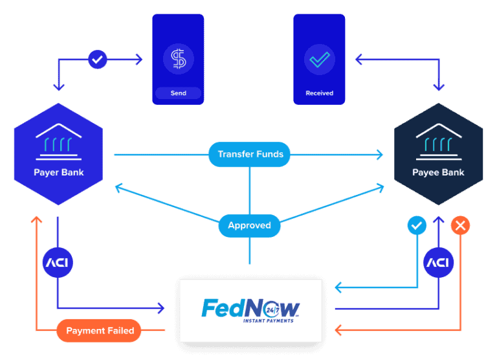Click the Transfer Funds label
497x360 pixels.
tap(250, 154)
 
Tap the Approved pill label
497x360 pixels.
tap(249, 225)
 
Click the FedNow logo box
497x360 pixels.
tap(250, 311)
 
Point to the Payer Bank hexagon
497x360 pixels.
tap(59, 154)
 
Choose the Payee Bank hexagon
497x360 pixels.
tap(438, 154)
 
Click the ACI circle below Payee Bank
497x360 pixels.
tap(438, 263)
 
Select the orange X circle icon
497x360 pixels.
tap(460, 225)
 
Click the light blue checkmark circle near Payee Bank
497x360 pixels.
tap(417, 225)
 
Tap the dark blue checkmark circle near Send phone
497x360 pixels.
tap(97, 60)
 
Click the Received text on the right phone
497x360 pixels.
tap(319, 93)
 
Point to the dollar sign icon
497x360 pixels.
tap(178, 60)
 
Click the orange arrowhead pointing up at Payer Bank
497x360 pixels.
tap(37, 220)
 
